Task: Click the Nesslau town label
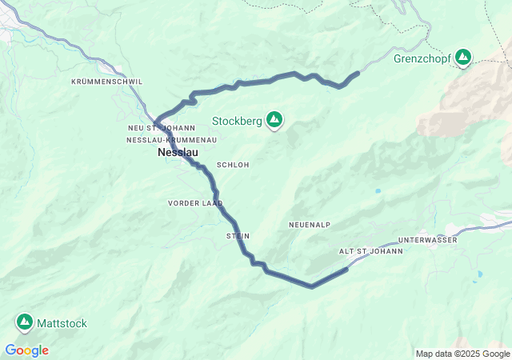click(x=177, y=152)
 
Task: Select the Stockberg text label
click(x=236, y=122)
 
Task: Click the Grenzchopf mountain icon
click(x=462, y=58)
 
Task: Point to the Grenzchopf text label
click(x=421, y=58)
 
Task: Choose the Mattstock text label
click(x=62, y=324)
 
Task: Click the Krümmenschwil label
click(x=106, y=82)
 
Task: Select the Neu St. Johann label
click(x=161, y=128)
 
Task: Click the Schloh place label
click(x=233, y=165)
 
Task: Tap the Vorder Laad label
click(x=195, y=203)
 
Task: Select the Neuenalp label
click(x=310, y=225)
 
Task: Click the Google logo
click(x=26, y=350)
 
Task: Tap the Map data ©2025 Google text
click(x=462, y=354)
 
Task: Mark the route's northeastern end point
click(x=357, y=74)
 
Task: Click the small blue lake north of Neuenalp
click(x=377, y=191)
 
